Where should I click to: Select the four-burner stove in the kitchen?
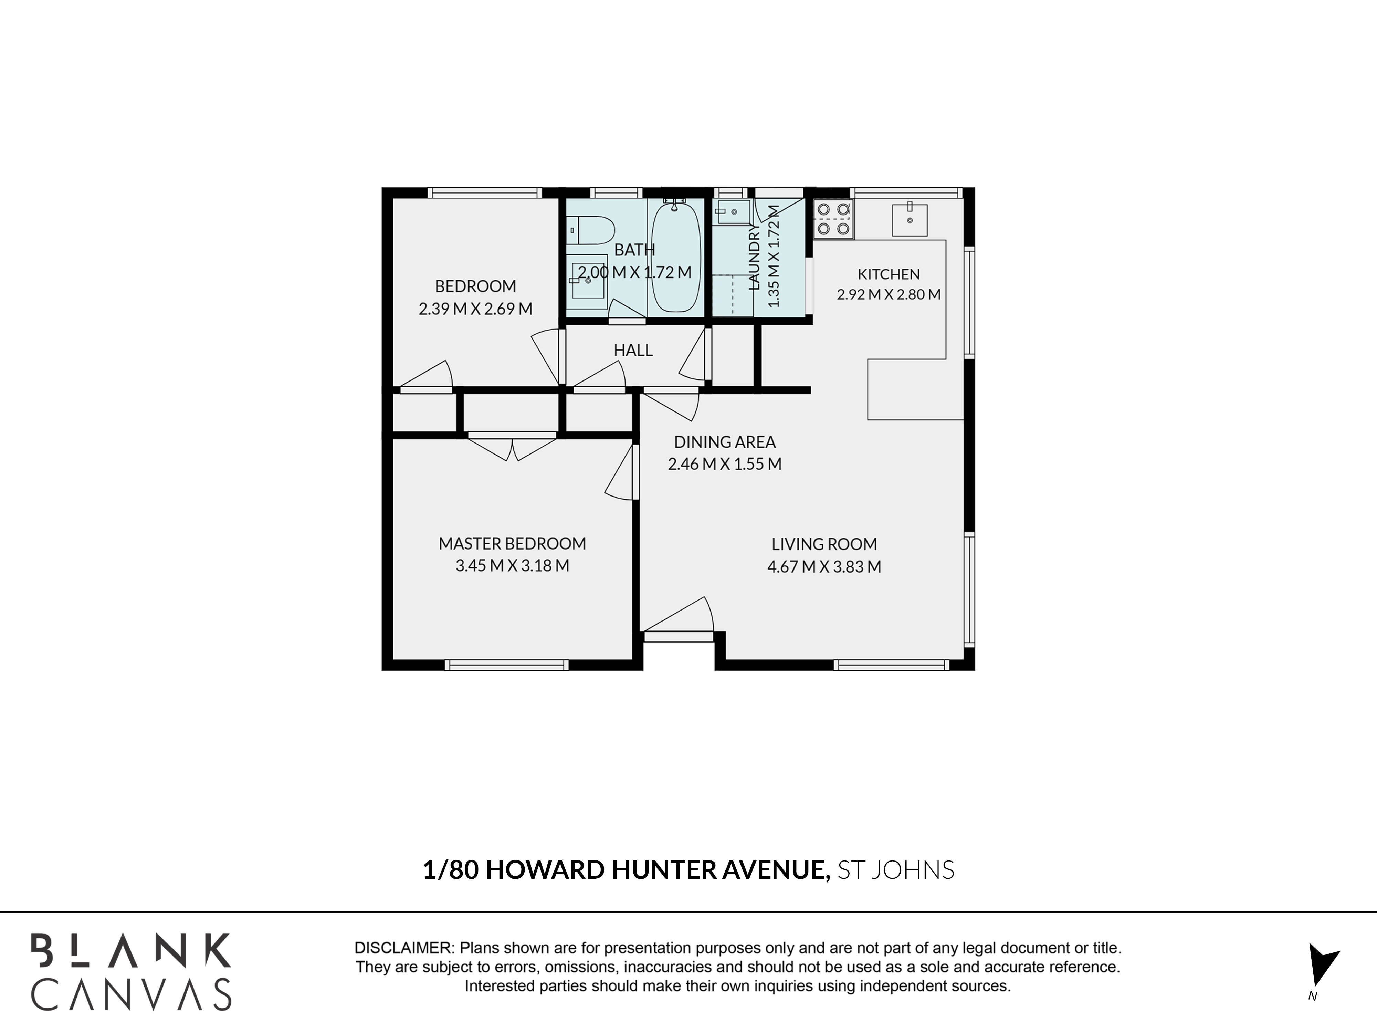(833, 219)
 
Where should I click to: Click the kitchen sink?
(910, 219)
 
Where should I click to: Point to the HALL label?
(633, 351)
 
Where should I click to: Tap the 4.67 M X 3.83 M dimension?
(824, 567)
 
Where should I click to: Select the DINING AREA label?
(725, 442)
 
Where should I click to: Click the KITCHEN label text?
(888, 274)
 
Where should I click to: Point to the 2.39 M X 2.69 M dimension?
(476, 309)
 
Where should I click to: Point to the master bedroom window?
(507, 665)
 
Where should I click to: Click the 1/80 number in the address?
(451, 870)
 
